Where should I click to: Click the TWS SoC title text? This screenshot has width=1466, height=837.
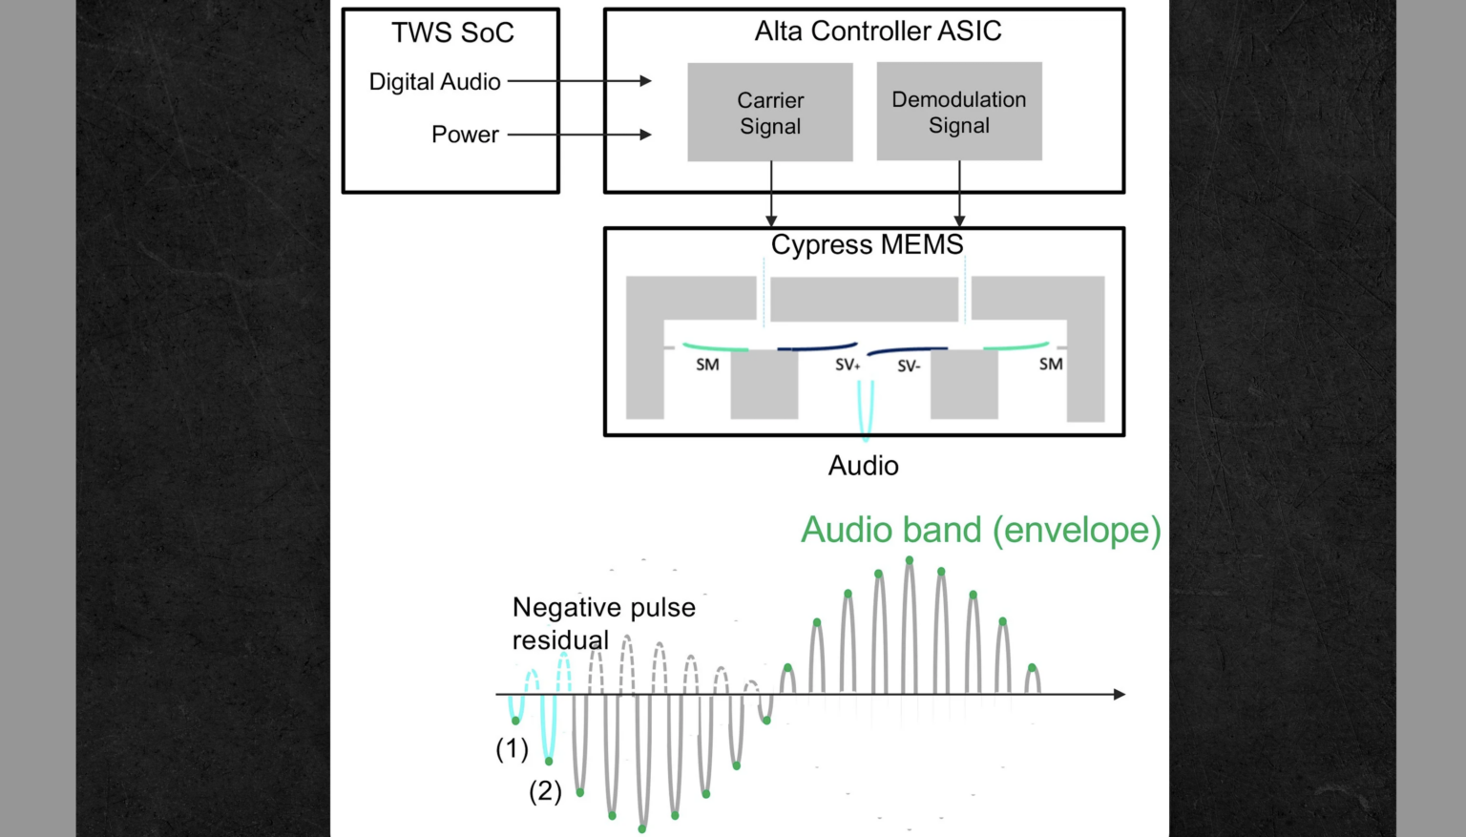coord(452,33)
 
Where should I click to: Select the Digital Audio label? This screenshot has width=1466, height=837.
coord(434,82)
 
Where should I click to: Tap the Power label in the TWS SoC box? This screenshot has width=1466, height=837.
coord(465,135)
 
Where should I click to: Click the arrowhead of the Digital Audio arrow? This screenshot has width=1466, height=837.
coord(646,81)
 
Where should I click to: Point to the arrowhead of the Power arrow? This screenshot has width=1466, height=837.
coord(646,135)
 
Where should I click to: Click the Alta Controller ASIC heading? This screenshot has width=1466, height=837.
coord(877,31)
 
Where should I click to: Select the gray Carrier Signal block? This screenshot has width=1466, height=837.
coord(770,113)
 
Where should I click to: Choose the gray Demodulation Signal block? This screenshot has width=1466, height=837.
coord(959,112)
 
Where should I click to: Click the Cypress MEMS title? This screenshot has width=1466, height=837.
coord(867,245)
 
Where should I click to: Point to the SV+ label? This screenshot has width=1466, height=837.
coord(848,365)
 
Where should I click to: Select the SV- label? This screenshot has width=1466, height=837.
coord(909,366)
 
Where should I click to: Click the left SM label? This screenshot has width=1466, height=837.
coord(707,365)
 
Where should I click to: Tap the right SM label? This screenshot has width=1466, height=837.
coord(1051,364)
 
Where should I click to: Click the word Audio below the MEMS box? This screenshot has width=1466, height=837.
coord(863,466)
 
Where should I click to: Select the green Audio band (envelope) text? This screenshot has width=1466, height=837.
coord(980,530)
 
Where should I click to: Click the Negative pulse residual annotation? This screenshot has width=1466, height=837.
coord(603,623)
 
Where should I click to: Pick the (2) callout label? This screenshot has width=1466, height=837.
coord(546,791)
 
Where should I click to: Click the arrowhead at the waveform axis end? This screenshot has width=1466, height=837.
coord(1120,694)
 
